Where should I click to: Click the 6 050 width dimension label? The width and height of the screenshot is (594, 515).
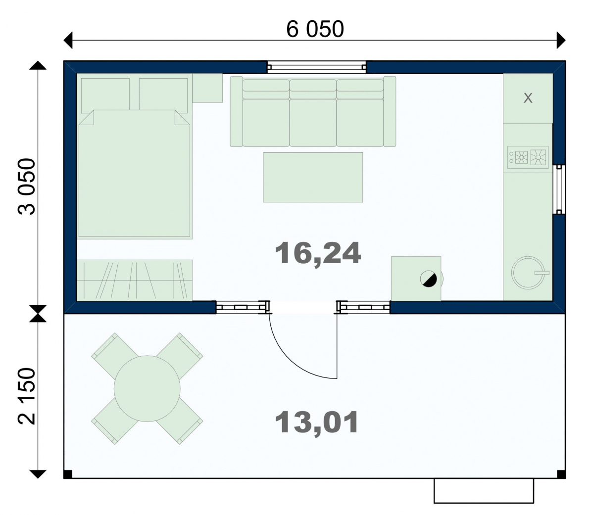[315, 29]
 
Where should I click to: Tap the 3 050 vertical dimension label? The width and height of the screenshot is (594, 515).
[26, 187]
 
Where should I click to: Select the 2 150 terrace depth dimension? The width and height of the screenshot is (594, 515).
[26, 396]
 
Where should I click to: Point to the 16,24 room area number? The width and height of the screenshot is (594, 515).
[318, 253]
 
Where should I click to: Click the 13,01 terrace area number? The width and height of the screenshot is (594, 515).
[316, 422]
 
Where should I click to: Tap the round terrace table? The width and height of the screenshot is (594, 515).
[147, 388]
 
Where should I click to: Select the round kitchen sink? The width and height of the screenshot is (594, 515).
[528, 273]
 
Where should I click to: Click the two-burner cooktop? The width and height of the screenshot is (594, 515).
[528, 157]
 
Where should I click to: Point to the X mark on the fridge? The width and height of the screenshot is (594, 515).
[528, 98]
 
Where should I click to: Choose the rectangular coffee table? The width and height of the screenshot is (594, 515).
[313, 177]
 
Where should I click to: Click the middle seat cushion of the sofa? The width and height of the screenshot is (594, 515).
[313, 123]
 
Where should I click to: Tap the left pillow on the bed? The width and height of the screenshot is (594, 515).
[105, 95]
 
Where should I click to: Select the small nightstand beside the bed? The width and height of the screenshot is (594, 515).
[207, 88]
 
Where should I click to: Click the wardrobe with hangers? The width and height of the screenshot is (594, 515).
[135, 281]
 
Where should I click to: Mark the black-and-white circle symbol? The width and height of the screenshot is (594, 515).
[429, 279]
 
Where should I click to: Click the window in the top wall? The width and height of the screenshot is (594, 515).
[316, 67]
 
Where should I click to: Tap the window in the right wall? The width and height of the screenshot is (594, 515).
[559, 189]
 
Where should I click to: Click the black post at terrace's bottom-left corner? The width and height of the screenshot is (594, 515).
[68, 474]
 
